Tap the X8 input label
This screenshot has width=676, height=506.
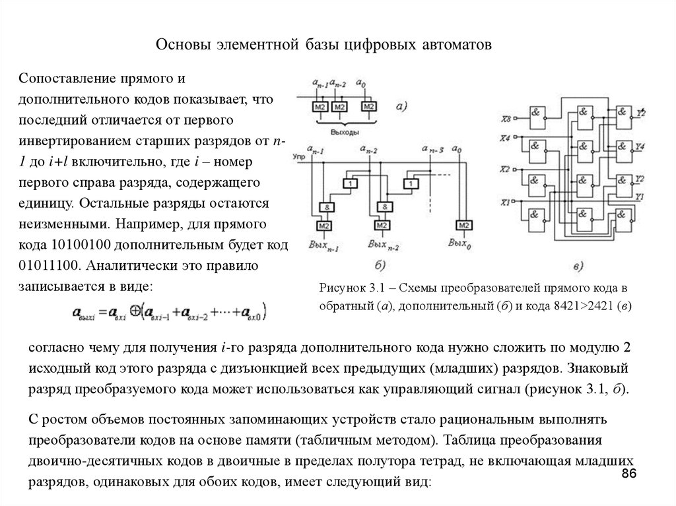click(506, 119)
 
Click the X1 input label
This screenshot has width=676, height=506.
click(506, 202)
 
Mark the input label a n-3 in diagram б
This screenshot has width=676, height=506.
click(433, 152)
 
